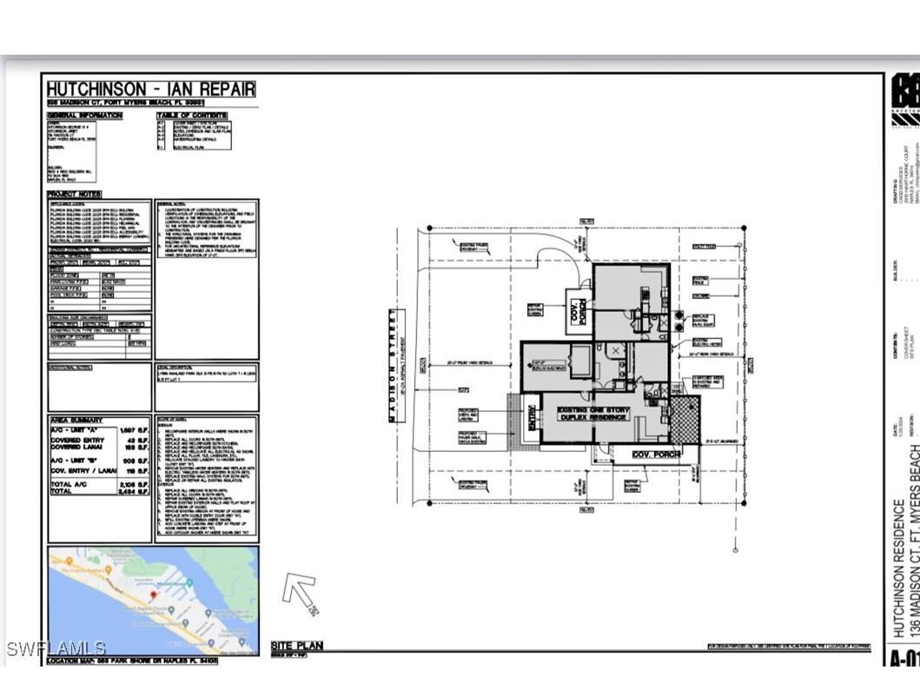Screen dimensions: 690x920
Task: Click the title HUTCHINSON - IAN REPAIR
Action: tap(150, 89)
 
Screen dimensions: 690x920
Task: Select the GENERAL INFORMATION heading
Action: tap(84, 116)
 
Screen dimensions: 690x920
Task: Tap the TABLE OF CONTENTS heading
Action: tap(192, 116)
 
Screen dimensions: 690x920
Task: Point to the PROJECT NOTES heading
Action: tap(74, 194)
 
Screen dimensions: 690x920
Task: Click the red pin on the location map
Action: tap(153, 594)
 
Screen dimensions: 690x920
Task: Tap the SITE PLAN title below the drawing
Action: tap(296, 646)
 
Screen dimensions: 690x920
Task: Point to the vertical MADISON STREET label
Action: tap(392, 365)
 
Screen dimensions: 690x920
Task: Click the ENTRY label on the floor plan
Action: tap(532, 421)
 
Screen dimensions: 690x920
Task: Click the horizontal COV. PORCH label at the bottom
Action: tap(654, 454)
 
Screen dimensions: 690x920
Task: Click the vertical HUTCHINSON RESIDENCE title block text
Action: tap(899, 565)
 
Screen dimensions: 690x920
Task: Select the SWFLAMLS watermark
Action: tap(56, 648)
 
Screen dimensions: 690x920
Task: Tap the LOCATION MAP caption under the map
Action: tap(131, 661)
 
